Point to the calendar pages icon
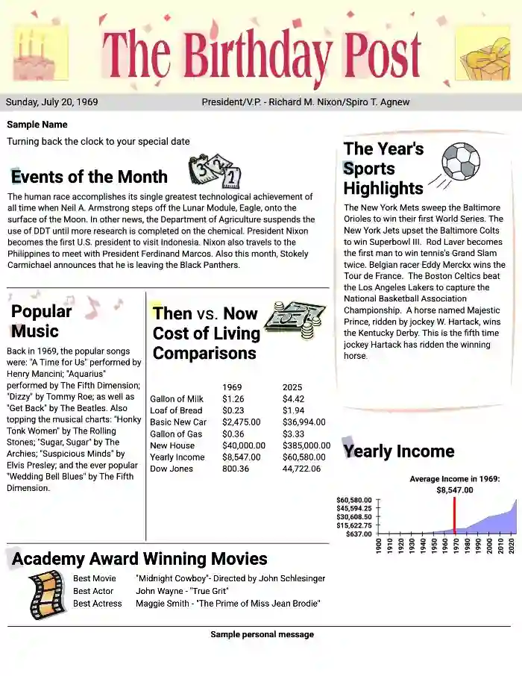215,171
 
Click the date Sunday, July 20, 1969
51,102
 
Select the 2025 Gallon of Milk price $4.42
293,399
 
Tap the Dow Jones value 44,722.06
301,469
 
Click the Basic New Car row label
178,422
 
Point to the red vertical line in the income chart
453,515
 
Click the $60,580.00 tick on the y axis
353,500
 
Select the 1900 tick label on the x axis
380,545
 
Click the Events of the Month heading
89,177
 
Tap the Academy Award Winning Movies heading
139,559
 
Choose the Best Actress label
97,604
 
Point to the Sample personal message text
262,634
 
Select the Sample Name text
37,125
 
